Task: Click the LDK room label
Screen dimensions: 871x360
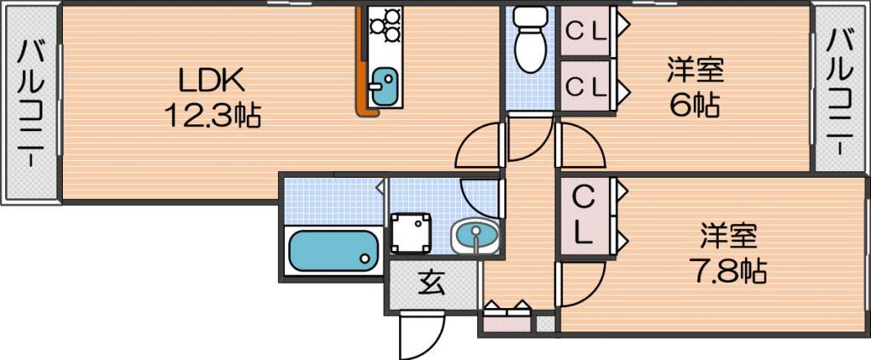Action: [x=211, y=82]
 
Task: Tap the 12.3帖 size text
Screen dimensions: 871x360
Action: [x=212, y=116]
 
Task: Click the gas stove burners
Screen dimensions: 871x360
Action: [x=385, y=24]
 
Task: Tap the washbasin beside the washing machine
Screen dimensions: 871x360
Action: [x=475, y=236]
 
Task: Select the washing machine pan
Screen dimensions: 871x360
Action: [x=411, y=233]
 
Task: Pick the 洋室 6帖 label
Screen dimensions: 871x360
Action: [x=695, y=87]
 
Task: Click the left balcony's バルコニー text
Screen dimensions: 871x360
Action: [x=31, y=103]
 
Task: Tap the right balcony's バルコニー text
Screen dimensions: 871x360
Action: [x=840, y=92]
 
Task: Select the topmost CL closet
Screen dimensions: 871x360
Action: [x=585, y=31]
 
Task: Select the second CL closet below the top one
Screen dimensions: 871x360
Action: [x=585, y=85]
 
